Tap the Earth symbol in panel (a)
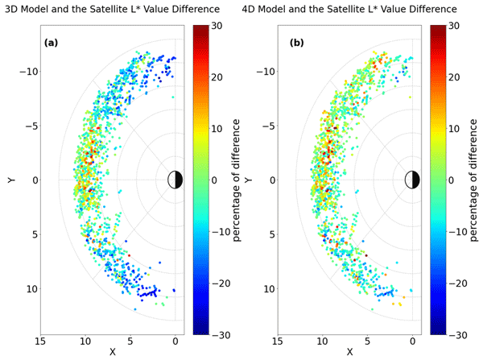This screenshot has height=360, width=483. pos(175,180)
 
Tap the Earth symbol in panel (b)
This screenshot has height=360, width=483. pos(412,180)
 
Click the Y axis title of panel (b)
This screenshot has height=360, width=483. pos(247,180)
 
